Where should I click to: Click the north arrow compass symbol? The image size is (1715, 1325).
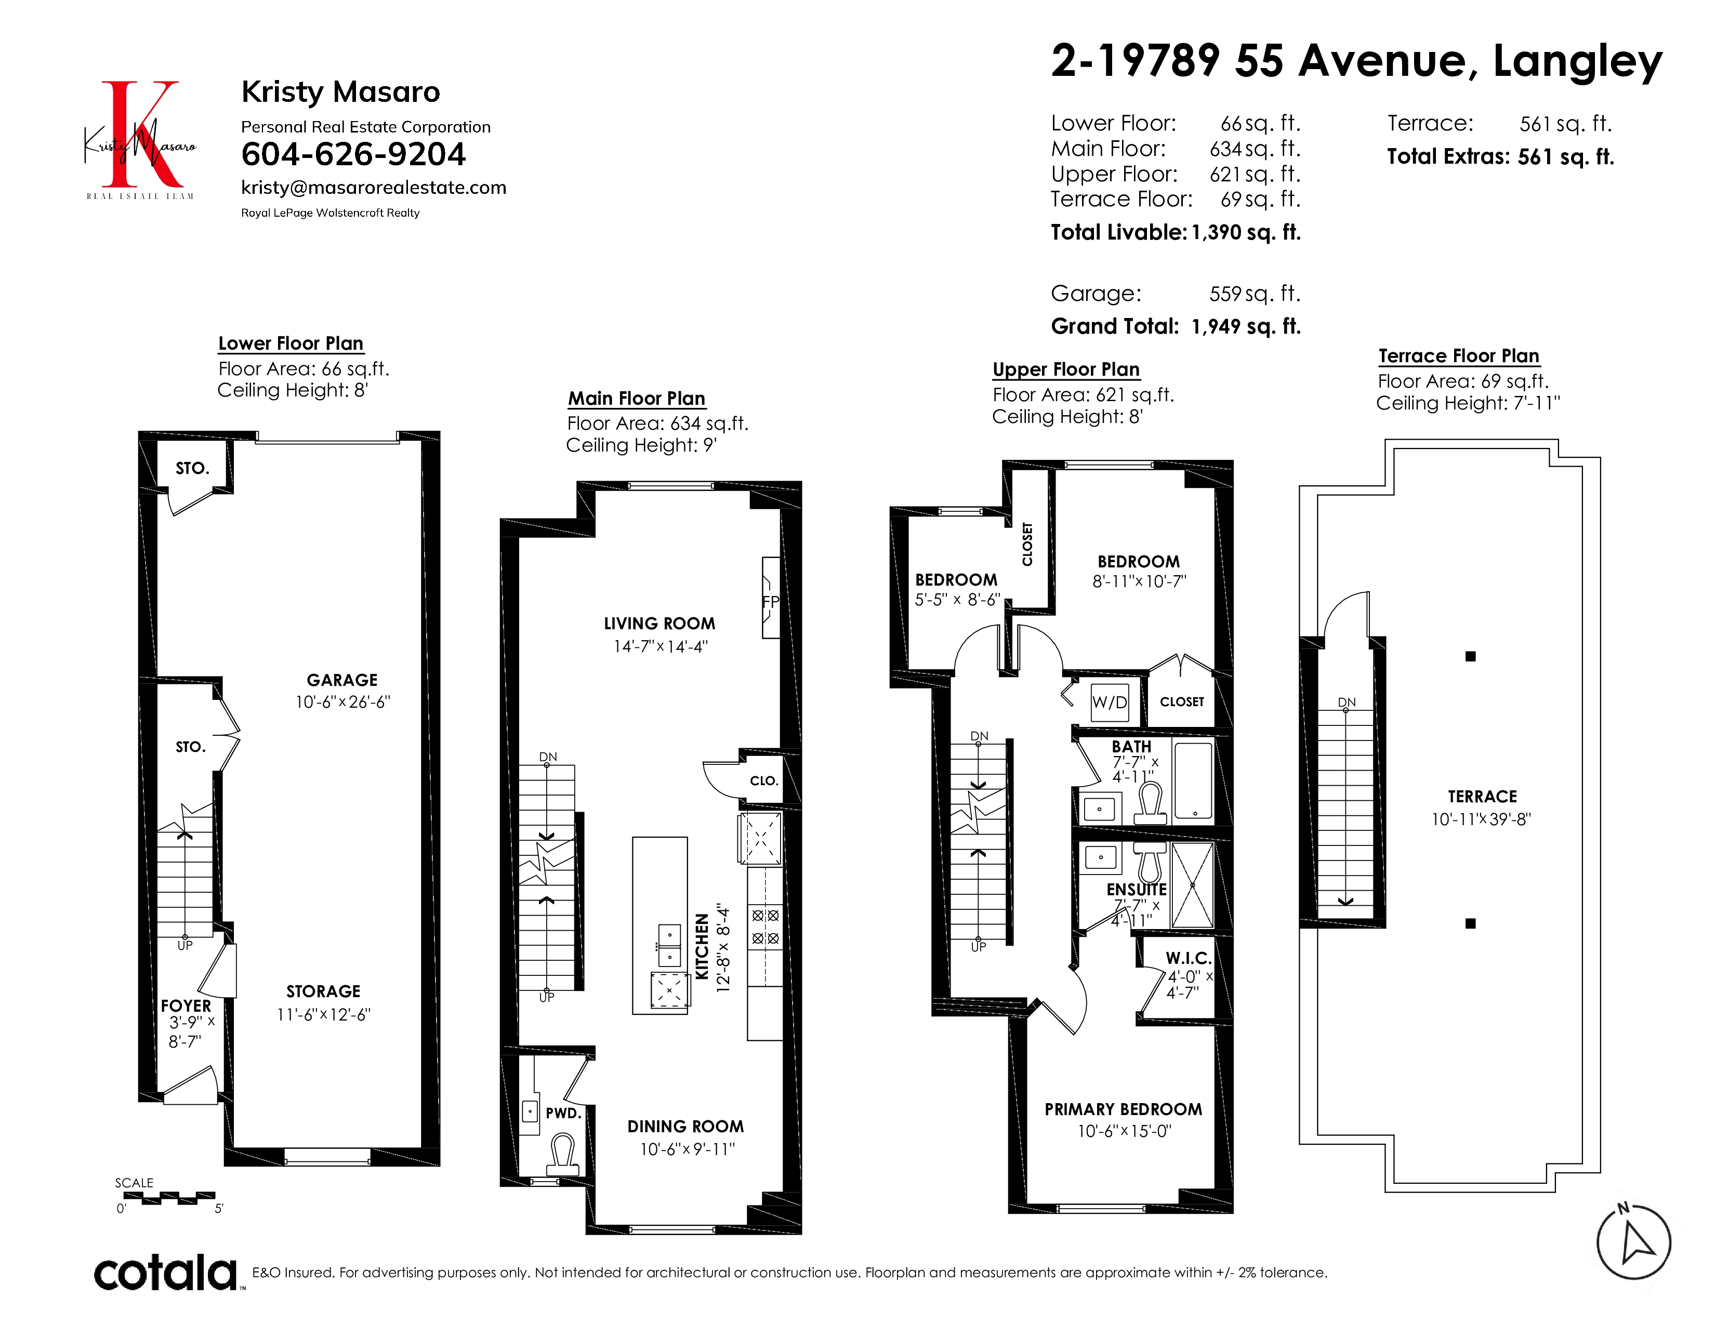point(1633,1242)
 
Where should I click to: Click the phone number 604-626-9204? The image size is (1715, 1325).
point(353,155)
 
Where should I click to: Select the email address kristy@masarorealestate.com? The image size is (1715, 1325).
point(374,188)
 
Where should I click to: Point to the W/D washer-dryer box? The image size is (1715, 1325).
point(1110,702)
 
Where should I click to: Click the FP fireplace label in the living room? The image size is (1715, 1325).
point(770,601)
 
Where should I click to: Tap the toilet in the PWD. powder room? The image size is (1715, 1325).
point(562,1156)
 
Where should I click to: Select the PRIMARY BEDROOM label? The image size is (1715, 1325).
point(1123,1109)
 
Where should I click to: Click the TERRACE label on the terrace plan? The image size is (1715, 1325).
point(1482,796)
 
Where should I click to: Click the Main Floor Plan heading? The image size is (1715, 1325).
point(636,399)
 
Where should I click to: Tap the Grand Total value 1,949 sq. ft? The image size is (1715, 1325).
point(1246,326)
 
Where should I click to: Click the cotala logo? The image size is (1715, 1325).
point(166,1273)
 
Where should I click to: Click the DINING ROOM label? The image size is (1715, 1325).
point(685,1127)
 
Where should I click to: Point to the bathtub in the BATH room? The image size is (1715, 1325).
point(1193,781)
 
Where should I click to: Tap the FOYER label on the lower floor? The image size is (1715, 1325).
point(186,1005)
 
